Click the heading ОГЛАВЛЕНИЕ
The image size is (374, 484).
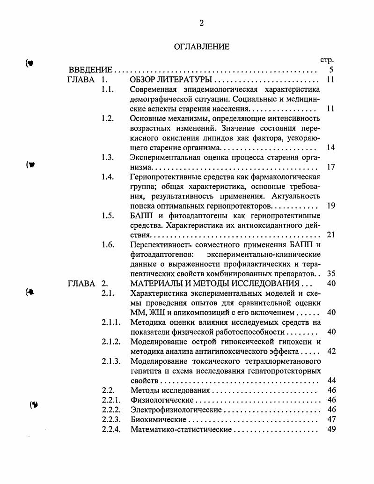202,46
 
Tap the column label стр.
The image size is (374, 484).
326,60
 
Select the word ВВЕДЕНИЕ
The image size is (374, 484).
90,70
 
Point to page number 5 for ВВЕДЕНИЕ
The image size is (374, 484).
330,70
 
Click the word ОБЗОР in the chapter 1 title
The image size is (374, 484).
143,80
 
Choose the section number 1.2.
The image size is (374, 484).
107,118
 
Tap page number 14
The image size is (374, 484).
330,147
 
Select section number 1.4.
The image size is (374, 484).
107,177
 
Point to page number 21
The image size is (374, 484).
330,235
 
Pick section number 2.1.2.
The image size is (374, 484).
111,342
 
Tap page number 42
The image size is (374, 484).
331,351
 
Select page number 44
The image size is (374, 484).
331,380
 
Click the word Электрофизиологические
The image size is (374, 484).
176,410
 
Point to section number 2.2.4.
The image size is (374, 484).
111,429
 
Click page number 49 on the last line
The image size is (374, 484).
331,429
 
